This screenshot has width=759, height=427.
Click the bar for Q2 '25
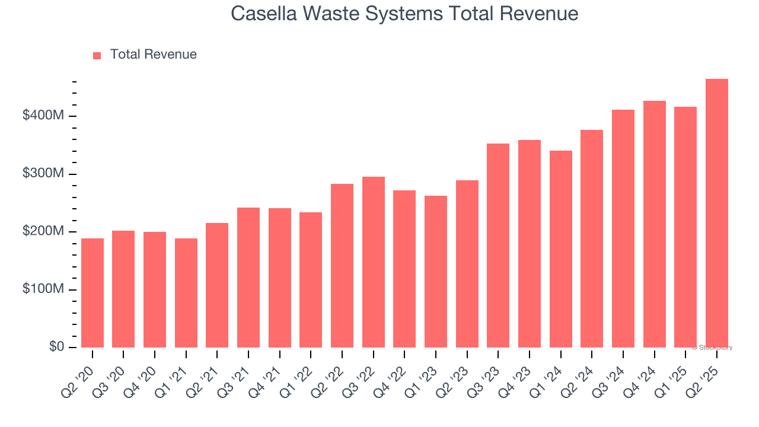tap(716, 213)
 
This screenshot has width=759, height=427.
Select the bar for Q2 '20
tap(93, 293)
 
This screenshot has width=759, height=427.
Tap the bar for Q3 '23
tap(498, 246)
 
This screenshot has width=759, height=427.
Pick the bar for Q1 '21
tap(186, 293)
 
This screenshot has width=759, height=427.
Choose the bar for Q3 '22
tap(374, 262)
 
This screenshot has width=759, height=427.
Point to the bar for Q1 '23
tap(436, 272)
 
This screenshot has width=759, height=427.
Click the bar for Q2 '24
tap(592, 238)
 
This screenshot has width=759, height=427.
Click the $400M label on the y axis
tap(43, 116)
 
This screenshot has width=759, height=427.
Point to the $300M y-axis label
tap(43, 174)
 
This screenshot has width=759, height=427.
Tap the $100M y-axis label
tap(43, 289)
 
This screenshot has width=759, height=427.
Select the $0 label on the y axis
tap(56, 347)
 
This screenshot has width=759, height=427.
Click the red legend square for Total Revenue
tap(97, 55)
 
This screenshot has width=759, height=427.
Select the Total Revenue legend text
tap(153, 55)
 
